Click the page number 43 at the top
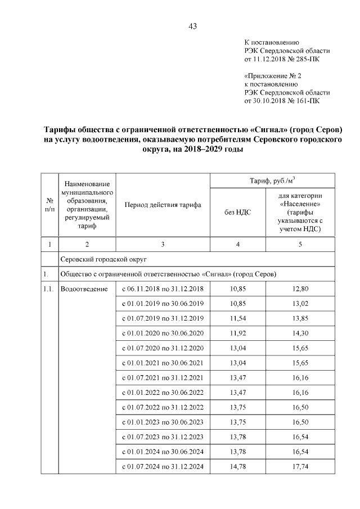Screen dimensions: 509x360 (x=192, y=26)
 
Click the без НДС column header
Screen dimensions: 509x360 (x=238, y=213)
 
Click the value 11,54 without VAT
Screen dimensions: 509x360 (x=238, y=318)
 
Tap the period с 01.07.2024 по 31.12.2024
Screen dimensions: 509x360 (x=163, y=466)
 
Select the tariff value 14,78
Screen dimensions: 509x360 (x=238, y=466)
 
